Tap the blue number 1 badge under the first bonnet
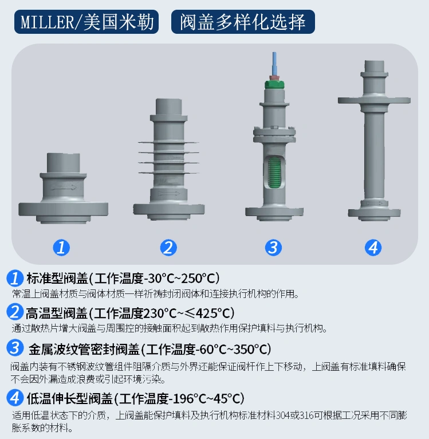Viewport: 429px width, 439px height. (61, 247)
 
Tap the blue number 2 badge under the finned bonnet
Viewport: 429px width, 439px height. (168, 247)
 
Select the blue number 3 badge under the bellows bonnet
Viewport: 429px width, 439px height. (273, 247)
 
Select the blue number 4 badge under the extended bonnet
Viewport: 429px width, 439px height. (373, 247)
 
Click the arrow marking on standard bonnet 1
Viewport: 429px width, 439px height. (64, 187)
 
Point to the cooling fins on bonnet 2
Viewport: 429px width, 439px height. (167, 155)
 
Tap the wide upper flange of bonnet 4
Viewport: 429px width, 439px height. (373, 101)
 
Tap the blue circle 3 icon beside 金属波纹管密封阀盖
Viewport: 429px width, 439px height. (15, 348)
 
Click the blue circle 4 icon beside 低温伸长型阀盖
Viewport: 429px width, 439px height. (15, 398)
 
